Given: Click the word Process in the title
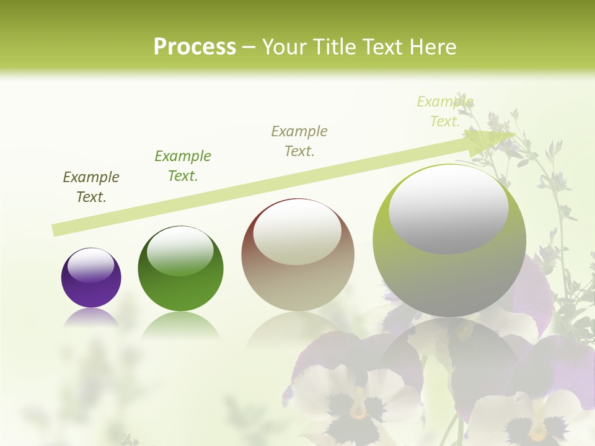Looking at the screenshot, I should click(195, 47).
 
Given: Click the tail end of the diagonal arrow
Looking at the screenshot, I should click(57, 230).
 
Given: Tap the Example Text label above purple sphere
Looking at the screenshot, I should click(91, 187).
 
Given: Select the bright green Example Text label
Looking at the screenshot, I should click(183, 166).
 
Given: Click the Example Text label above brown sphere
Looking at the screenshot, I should click(299, 141).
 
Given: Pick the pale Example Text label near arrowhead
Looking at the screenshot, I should click(445, 111).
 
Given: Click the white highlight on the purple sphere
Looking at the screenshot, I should click(90, 265).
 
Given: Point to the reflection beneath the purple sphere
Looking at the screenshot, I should click(91, 317).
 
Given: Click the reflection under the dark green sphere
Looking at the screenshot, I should click(180, 323).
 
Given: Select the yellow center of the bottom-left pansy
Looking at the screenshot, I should click(358, 411).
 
